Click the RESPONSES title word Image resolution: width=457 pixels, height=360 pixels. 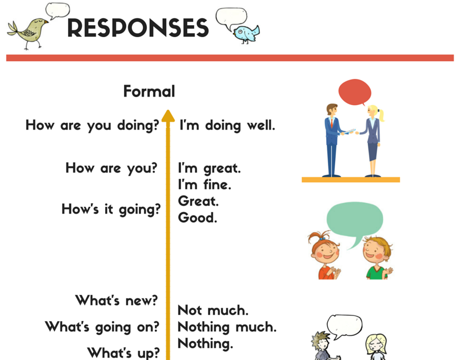[x=138, y=27]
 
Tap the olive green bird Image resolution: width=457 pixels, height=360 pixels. [x=28, y=33]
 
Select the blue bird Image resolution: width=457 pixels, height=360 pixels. [x=246, y=34]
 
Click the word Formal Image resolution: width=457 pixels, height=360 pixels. [x=149, y=91]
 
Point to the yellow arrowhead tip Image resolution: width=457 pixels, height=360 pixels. [x=168, y=110]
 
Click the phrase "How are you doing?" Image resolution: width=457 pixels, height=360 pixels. [x=93, y=126]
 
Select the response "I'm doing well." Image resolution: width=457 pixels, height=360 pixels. [x=227, y=126]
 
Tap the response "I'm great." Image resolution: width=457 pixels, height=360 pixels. [x=209, y=169]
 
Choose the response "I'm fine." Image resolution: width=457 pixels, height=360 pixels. [x=205, y=185]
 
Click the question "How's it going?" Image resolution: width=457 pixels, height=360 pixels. [x=111, y=210]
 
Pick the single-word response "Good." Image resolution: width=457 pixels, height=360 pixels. [x=198, y=218]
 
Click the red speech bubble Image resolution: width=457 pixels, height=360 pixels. [x=355, y=92]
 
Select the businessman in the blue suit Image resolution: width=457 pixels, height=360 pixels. [x=333, y=140]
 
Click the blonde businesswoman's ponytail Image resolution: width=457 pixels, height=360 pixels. [x=381, y=115]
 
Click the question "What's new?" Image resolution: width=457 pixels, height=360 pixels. [x=117, y=300]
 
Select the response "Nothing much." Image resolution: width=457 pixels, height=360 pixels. [x=227, y=327]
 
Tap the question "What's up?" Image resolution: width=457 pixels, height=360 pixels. [x=123, y=353]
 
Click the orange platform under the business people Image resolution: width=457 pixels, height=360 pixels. [x=351, y=179]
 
